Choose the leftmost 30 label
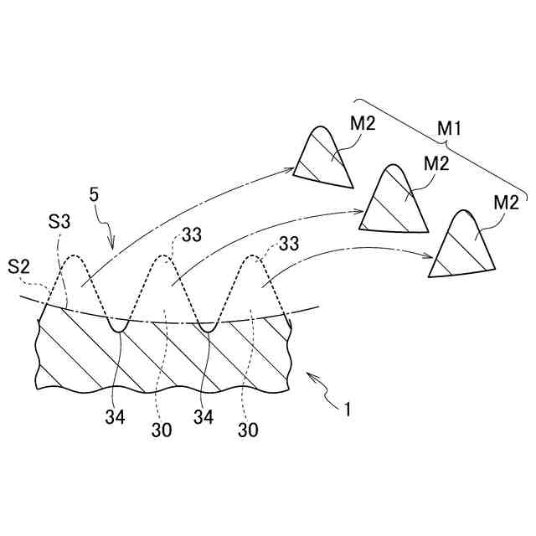click(x=162, y=431)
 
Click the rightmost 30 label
click(x=247, y=431)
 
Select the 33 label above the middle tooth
click(x=192, y=235)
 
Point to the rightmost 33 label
click(x=289, y=244)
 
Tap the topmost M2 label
click(x=363, y=123)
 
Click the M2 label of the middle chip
click(x=436, y=163)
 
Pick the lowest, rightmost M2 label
click(x=506, y=202)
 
